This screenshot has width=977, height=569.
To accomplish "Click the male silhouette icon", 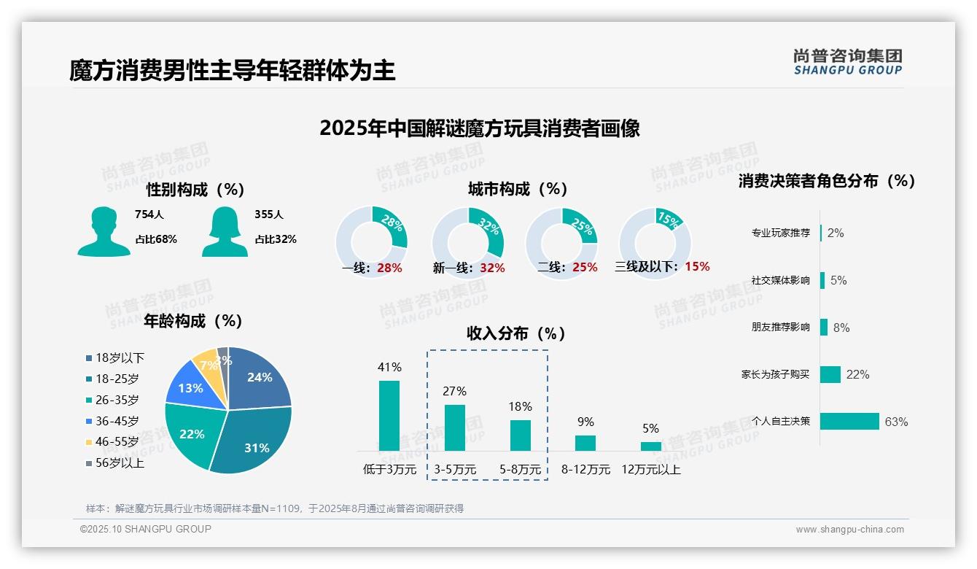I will pyautogui.click(x=104, y=231).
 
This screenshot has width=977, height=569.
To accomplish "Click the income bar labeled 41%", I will pyautogui.click(x=389, y=416).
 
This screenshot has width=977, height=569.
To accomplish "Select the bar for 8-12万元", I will pyautogui.click(x=585, y=443).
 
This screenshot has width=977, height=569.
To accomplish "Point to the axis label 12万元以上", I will pyautogui.click(x=650, y=470).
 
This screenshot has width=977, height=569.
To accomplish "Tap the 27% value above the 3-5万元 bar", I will pyautogui.click(x=454, y=392).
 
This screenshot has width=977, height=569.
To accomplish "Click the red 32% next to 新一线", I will pyautogui.click(x=492, y=268).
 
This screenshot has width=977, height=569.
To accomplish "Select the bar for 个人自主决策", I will pyautogui.click(x=849, y=421).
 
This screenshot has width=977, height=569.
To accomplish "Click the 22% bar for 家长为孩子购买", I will pyautogui.click(x=830, y=374).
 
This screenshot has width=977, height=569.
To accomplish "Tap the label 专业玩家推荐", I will pyautogui.click(x=780, y=233).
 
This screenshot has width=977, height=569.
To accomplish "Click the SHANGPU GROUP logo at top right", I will pyautogui.click(x=847, y=62).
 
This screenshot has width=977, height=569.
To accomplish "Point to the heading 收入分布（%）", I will pyautogui.click(x=516, y=333).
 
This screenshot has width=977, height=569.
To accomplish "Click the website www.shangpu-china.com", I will pyautogui.click(x=849, y=530).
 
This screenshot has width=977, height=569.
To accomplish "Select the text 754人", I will pyautogui.click(x=149, y=214).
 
